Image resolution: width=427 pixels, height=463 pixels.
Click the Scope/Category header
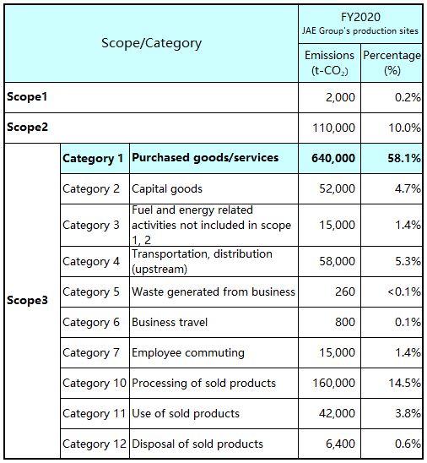tap(151, 43)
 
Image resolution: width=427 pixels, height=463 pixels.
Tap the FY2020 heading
tap(360, 17)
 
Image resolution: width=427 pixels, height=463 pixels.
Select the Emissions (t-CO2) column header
tap(329, 63)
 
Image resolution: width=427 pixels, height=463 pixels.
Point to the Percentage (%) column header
tap(392, 63)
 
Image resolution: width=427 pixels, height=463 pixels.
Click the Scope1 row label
tap(27, 97)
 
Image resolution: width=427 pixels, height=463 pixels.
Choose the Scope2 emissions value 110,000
tap(333, 128)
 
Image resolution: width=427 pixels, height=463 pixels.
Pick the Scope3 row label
tap(27, 300)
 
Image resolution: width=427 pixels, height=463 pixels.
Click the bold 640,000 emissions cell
tap(333, 158)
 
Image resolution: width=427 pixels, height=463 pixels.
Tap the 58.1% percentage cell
tap(404, 158)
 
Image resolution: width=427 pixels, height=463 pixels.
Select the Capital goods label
tap(167, 189)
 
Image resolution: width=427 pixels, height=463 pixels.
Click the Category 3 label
tap(91, 225)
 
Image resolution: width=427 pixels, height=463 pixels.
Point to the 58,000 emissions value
tap(337, 261)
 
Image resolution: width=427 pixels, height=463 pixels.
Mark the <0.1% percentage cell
tap(404, 291)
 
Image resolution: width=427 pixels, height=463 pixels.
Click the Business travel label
tap(170, 322)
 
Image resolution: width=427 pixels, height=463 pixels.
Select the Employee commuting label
tap(188, 352)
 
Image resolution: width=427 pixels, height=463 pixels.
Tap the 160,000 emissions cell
tap(333, 383)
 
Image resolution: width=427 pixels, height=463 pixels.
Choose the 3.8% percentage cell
tap(408, 413)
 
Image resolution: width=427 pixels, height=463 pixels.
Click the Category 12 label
tap(95, 444)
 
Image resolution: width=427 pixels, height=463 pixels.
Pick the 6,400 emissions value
tap(340, 444)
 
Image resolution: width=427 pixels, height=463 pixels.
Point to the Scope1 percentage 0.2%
tap(408, 97)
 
